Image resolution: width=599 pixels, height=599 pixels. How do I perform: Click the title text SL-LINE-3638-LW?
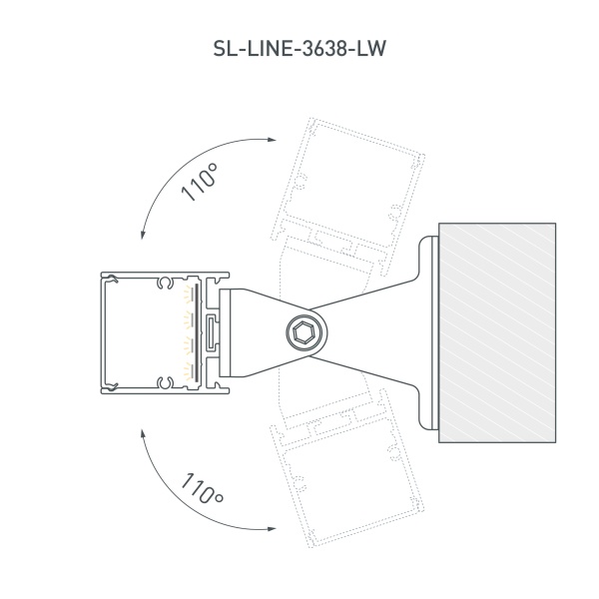coord(299,47)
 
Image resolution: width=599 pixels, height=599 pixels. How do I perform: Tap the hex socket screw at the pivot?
coord(303,332)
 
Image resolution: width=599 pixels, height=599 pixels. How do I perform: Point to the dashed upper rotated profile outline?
coord(354,180)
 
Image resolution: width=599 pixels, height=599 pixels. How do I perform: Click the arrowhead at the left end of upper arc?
coord(144,236)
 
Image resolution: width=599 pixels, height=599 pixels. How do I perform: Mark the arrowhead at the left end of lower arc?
coord(144,431)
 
